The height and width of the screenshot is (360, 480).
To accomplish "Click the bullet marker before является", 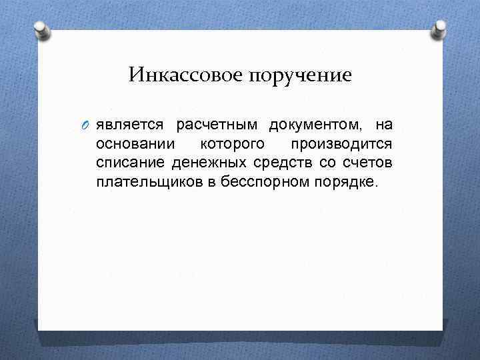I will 87,125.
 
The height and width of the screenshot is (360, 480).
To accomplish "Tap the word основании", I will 135,144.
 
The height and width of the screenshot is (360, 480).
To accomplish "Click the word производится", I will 341,144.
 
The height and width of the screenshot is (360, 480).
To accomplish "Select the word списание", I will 131,163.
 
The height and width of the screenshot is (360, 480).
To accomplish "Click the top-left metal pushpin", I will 41,30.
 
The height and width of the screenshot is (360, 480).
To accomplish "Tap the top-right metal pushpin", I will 439,30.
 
